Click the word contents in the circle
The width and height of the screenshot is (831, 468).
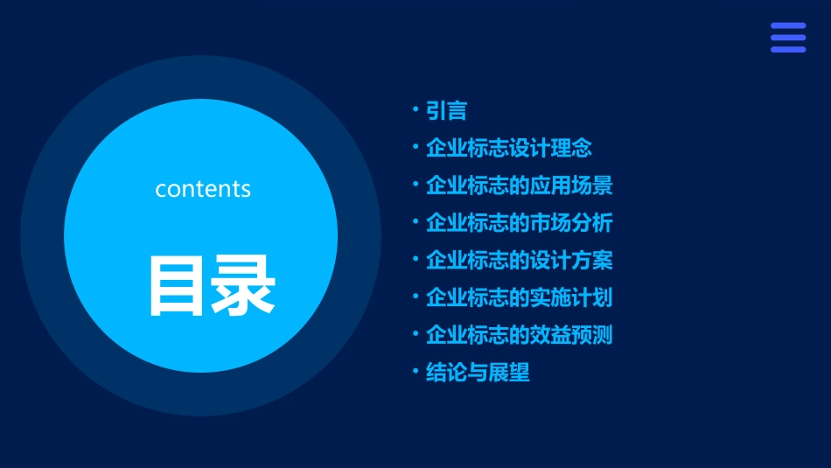point(203,189)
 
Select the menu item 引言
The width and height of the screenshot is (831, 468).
point(446,111)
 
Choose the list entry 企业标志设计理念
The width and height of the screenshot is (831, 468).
point(509,149)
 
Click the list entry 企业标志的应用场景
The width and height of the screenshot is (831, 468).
point(520,185)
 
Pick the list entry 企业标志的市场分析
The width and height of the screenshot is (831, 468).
point(520,223)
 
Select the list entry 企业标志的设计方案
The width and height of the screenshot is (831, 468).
point(520,261)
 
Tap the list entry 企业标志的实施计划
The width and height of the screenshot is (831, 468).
point(520,297)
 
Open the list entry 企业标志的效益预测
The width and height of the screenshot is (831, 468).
point(520,335)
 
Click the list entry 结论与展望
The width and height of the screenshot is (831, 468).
point(478,373)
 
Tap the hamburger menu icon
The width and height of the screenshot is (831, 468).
point(788,38)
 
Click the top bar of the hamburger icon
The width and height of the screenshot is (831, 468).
point(788,26)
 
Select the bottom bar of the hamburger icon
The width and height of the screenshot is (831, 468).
point(788,49)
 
